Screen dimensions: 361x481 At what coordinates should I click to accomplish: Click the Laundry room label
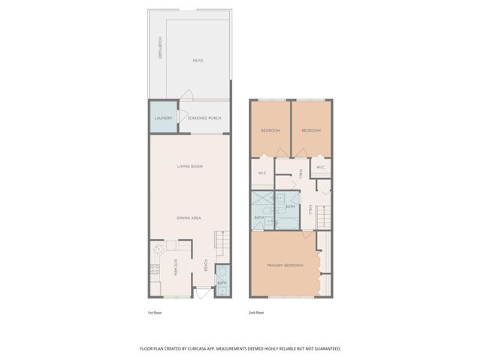coord(163,118)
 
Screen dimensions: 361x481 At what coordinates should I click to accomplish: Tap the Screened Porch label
coord(202,118)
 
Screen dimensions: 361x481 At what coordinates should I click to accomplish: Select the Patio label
coord(198,60)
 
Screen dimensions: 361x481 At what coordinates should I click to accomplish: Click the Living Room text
coord(189,166)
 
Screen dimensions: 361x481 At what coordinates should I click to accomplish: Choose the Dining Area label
coord(188,217)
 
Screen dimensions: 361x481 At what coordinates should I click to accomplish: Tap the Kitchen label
coord(176,266)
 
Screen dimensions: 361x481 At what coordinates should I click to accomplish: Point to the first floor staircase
coord(220,243)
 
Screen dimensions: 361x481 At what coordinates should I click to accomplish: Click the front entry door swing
coord(201,292)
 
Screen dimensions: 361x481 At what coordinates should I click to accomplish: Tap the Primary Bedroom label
coord(285,265)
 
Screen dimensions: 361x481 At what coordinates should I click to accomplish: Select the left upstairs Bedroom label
coord(271,131)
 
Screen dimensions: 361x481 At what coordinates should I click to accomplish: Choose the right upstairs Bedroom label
coord(311,131)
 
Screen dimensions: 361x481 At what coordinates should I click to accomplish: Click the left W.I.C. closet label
coord(262,173)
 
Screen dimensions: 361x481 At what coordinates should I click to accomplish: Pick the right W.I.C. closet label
coord(320,167)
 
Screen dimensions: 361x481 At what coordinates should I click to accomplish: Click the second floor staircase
coord(322,219)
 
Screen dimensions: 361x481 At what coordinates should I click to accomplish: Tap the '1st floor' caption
coord(156,312)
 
